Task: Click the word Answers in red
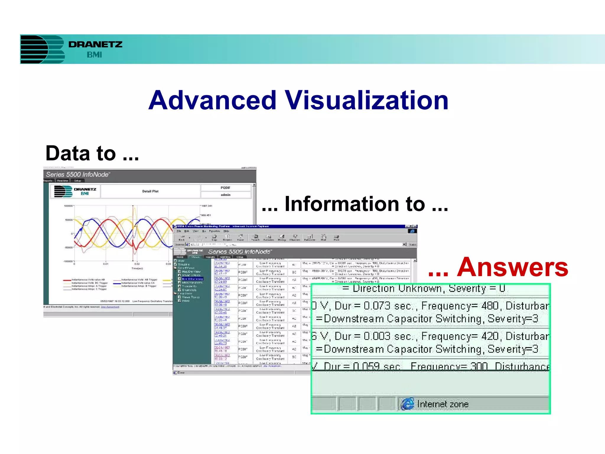click(x=513, y=267)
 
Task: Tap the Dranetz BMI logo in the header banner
click(x=71, y=49)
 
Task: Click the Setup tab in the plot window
click(x=77, y=181)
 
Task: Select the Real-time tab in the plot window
click(x=63, y=181)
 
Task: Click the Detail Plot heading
click(x=150, y=191)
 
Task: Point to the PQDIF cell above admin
click(x=225, y=188)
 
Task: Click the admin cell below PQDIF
click(x=225, y=195)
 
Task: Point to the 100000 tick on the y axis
click(x=68, y=206)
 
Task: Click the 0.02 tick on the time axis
click(x=137, y=264)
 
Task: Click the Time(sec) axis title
click(x=137, y=268)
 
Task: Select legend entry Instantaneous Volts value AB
click(x=88, y=280)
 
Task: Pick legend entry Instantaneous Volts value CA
click(x=138, y=283)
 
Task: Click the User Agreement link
click(x=110, y=307)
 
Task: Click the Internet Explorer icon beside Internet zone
click(x=407, y=404)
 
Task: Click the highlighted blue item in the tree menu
click(x=192, y=279)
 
